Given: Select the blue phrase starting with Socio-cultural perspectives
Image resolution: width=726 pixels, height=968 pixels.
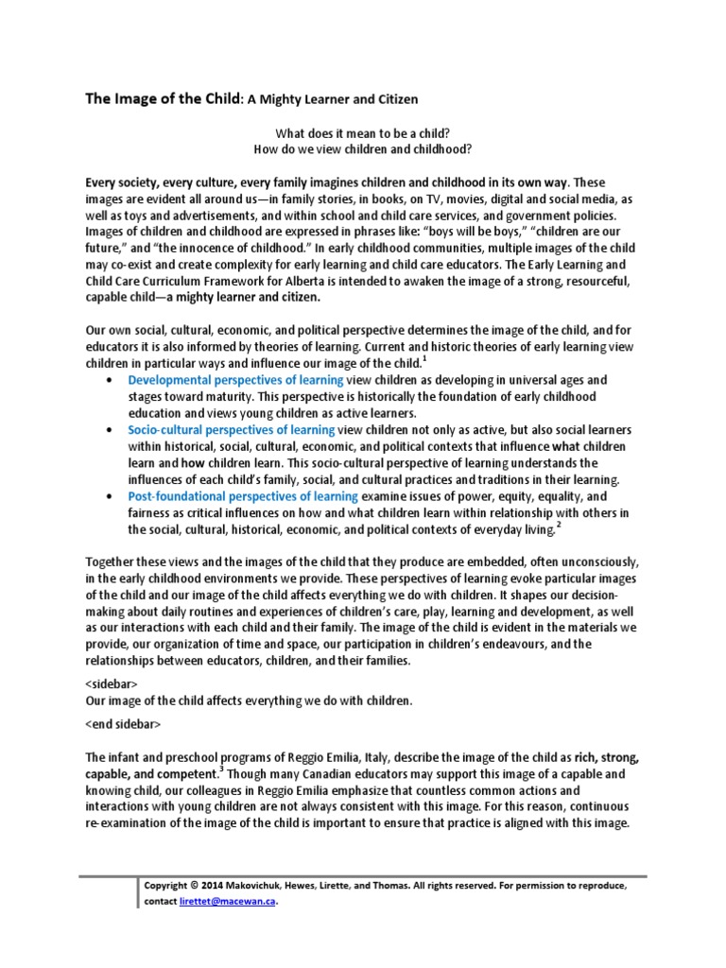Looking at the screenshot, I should click(232, 430).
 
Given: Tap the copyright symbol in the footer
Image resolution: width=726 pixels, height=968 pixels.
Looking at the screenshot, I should click(194, 887).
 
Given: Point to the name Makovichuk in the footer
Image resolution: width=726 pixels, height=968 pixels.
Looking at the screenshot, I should click(265, 887).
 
